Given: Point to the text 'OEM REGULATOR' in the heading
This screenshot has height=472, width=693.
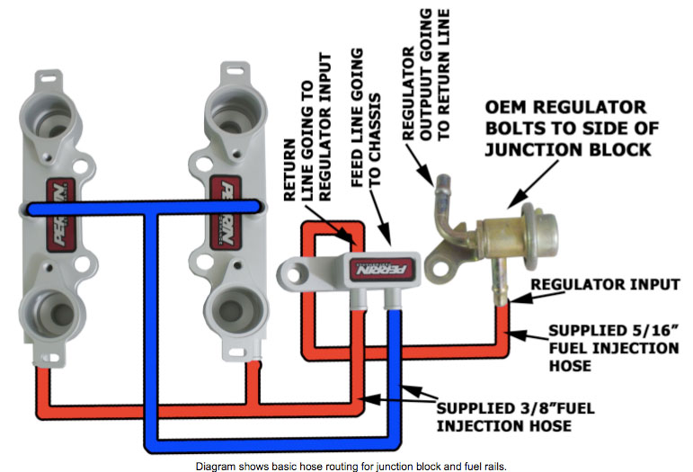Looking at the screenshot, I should [564, 108].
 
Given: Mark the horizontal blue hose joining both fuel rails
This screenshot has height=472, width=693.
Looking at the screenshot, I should [144, 209].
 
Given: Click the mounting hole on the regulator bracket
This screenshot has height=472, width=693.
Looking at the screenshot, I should [442, 263].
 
